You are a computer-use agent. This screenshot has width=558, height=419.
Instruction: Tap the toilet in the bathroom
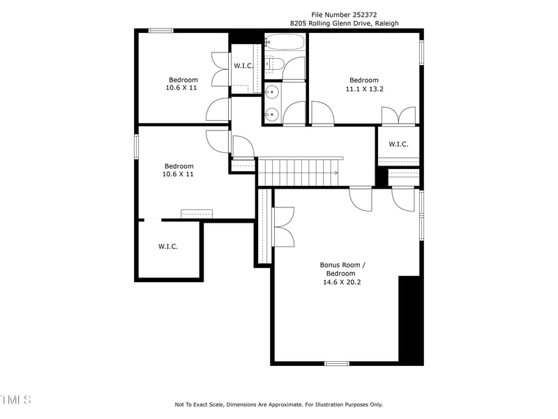point(276,65)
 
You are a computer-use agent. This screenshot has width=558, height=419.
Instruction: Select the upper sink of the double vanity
point(273,91)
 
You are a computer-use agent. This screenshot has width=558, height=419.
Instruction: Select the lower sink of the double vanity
point(273,114)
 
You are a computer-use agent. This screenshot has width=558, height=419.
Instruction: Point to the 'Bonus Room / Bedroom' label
point(342,269)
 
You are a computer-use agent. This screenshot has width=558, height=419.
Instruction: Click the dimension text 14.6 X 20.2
point(342,282)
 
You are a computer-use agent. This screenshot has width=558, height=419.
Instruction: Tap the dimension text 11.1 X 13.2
point(364,89)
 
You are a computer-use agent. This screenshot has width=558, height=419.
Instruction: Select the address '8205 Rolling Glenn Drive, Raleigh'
point(345,23)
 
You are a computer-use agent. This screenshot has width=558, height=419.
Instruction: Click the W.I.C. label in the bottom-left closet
point(168,247)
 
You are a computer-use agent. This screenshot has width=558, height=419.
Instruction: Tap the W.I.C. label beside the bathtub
point(243,66)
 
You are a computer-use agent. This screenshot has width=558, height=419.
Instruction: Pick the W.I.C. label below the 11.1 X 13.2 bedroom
point(398,144)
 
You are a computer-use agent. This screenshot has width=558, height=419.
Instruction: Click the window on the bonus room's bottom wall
point(337,363)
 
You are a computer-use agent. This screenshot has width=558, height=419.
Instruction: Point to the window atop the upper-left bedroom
point(161,31)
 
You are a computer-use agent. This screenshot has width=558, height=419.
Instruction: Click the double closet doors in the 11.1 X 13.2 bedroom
point(398,116)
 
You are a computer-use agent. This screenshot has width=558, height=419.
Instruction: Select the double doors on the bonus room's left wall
point(284,227)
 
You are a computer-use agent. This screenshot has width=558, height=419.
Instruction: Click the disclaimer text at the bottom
point(278,404)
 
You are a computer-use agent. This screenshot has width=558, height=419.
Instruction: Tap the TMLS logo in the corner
point(15,399)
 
